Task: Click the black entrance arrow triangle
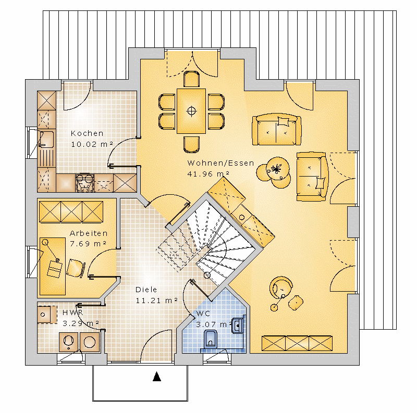tap(157, 377)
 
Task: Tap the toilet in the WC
tap(211, 340)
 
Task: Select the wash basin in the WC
tap(238, 326)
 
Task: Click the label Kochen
tap(87, 133)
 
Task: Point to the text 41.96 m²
tap(208, 174)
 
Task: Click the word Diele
tap(146, 290)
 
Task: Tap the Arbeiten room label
tap(89, 233)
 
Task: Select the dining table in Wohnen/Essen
tap(191, 111)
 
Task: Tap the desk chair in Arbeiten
tap(76, 268)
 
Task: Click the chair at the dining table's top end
tap(191, 79)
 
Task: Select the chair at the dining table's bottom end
tap(191, 145)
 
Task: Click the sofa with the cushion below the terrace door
tap(277, 130)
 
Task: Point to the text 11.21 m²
tap(157, 301)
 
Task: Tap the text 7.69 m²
tap(88, 244)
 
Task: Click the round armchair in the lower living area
tap(281, 287)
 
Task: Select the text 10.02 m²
tap(92, 144)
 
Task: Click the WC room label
tap(203, 314)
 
